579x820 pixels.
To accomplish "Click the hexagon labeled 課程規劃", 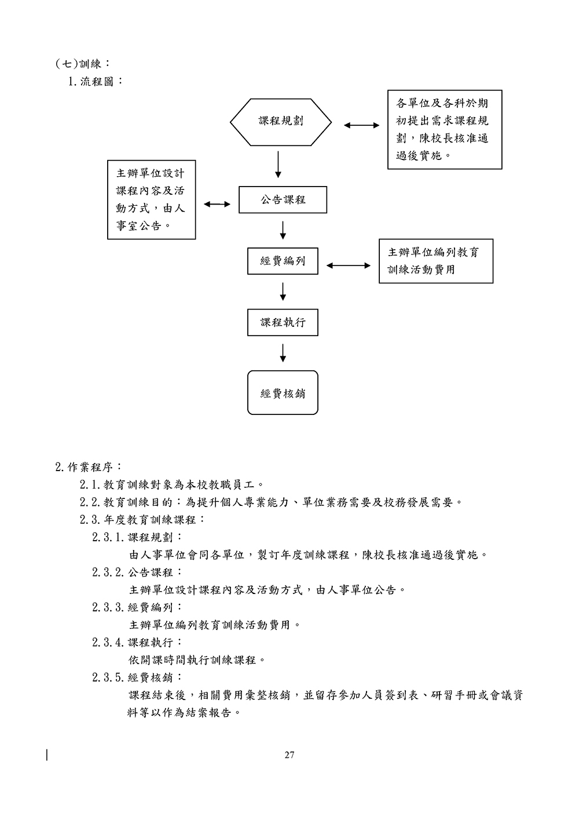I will click(x=281, y=121).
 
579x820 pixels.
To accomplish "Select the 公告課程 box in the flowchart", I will click(x=283, y=200).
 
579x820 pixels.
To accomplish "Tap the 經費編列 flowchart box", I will click(x=283, y=261).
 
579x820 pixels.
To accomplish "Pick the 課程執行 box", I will click(x=283, y=322).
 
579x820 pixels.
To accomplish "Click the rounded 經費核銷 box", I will click(x=283, y=393).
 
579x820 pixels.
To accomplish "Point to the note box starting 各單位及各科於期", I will click(x=444, y=129).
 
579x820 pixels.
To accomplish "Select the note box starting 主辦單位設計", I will click(x=151, y=200).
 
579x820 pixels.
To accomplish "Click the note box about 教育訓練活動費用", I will click(x=435, y=261).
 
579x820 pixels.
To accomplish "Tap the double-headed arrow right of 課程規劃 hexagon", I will click(x=362, y=125).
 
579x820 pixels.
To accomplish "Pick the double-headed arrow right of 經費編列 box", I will click(x=348, y=265).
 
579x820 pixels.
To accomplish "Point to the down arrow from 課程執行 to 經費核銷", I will click(x=283, y=352).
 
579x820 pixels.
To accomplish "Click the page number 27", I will click(x=289, y=755).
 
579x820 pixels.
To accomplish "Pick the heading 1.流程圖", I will click(x=96, y=81).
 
